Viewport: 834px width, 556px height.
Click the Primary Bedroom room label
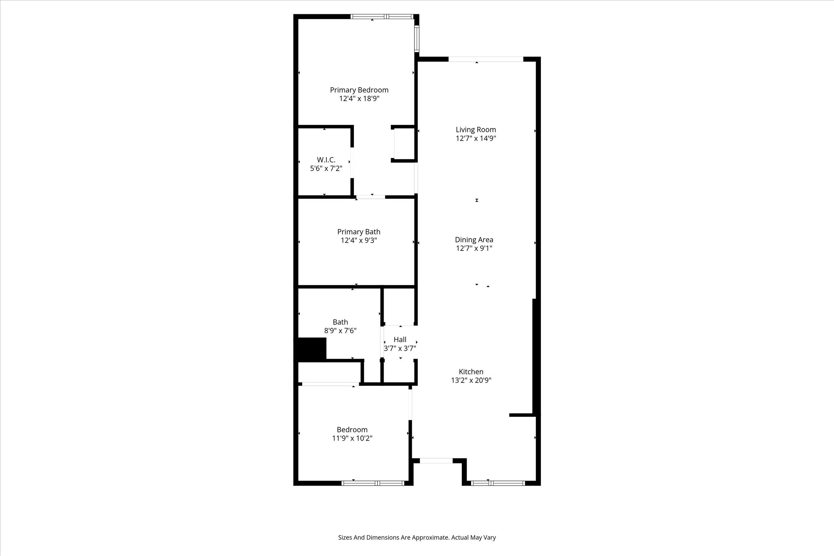(359, 90)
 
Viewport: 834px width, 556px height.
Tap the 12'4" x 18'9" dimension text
(359, 99)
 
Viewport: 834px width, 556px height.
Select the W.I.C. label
(326, 160)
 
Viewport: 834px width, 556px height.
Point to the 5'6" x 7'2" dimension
(326, 168)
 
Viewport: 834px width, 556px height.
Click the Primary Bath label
(359, 232)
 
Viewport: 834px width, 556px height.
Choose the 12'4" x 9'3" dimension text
(359, 240)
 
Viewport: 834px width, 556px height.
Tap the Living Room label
(476, 130)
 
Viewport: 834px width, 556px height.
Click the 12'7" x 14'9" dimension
(476, 138)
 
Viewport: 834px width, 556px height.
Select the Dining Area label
(474, 240)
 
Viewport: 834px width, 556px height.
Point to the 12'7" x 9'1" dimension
(474, 248)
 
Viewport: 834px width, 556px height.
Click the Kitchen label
(471, 372)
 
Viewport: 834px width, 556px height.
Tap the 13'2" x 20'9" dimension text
(471, 380)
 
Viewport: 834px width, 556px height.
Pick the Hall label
(400, 340)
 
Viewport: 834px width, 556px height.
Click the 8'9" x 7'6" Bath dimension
(340, 331)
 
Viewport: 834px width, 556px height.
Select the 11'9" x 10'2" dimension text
(352, 438)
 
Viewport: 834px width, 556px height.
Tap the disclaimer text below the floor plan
(417, 537)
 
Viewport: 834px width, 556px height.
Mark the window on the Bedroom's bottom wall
(373, 483)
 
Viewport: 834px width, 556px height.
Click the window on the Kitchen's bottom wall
(498, 483)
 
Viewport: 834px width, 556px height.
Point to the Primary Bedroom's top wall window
(382, 17)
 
